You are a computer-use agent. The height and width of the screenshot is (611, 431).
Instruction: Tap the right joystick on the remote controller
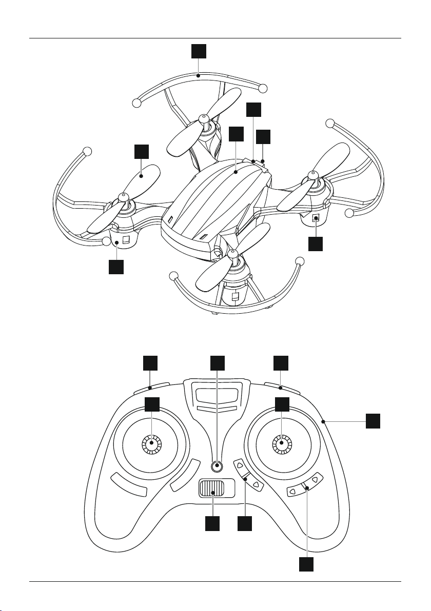coord(281,444)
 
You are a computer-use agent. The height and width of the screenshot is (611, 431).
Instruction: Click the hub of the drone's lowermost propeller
coord(234,253)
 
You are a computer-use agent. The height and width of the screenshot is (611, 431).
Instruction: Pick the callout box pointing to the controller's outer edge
coord(374,422)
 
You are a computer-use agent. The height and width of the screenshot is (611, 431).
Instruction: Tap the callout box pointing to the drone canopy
coord(236,134)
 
